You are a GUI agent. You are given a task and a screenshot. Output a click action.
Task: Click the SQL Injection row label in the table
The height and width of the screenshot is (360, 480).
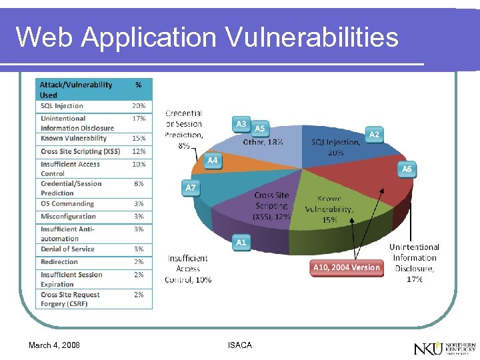pyautogui.click(x=62, y=106)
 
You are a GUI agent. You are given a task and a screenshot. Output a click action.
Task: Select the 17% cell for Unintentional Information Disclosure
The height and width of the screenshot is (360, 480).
pyautogui.click(x=139, y=119)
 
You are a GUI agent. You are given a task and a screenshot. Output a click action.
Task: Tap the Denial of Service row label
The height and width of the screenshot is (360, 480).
pyautogui.click(x=67, y=249)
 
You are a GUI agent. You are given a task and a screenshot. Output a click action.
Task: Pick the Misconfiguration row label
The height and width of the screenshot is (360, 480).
pyautogui.click(x=68, y=217)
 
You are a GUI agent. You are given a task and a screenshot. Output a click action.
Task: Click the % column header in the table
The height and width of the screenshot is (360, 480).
pyautogui.click(x=139, y=85)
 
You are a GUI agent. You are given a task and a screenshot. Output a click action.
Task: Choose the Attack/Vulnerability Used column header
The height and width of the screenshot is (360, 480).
pyautogui.click(x=76, y=90)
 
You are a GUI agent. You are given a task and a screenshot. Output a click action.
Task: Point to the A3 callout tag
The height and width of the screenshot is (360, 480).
pyautogui.click(x=241, y=124)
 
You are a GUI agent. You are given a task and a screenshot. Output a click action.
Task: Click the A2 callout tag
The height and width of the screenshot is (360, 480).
pyautogui.click(x=374, y=135)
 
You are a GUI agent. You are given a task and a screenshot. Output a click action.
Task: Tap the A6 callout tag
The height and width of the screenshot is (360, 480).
pyautogui.click(x=407, y=169)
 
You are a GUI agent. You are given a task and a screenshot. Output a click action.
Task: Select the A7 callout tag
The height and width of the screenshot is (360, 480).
pyautogui.click(x=191, y=188)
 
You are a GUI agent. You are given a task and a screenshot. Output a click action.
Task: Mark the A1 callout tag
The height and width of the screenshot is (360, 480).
pyautogui.click(x=241, y=243)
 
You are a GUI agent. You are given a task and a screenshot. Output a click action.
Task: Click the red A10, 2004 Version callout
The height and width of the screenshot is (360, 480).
pyautogui.click(x=346, y=267)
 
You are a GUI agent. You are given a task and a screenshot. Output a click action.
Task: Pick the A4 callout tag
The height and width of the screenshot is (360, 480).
pyautogui.click(x=212, y=161)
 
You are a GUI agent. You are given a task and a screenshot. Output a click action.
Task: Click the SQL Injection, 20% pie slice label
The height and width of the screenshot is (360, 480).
pyautogui.click(x=335, y=147)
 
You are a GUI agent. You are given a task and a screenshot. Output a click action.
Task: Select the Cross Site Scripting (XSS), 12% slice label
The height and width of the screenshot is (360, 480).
pyautogui.click(x=271, y=206)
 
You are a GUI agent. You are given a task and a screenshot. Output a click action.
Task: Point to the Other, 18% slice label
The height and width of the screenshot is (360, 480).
pyautogui.click(x=263, y=142)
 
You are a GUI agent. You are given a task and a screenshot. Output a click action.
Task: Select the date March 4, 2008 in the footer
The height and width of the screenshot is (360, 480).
pyautogui.click(x=54, y=345)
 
